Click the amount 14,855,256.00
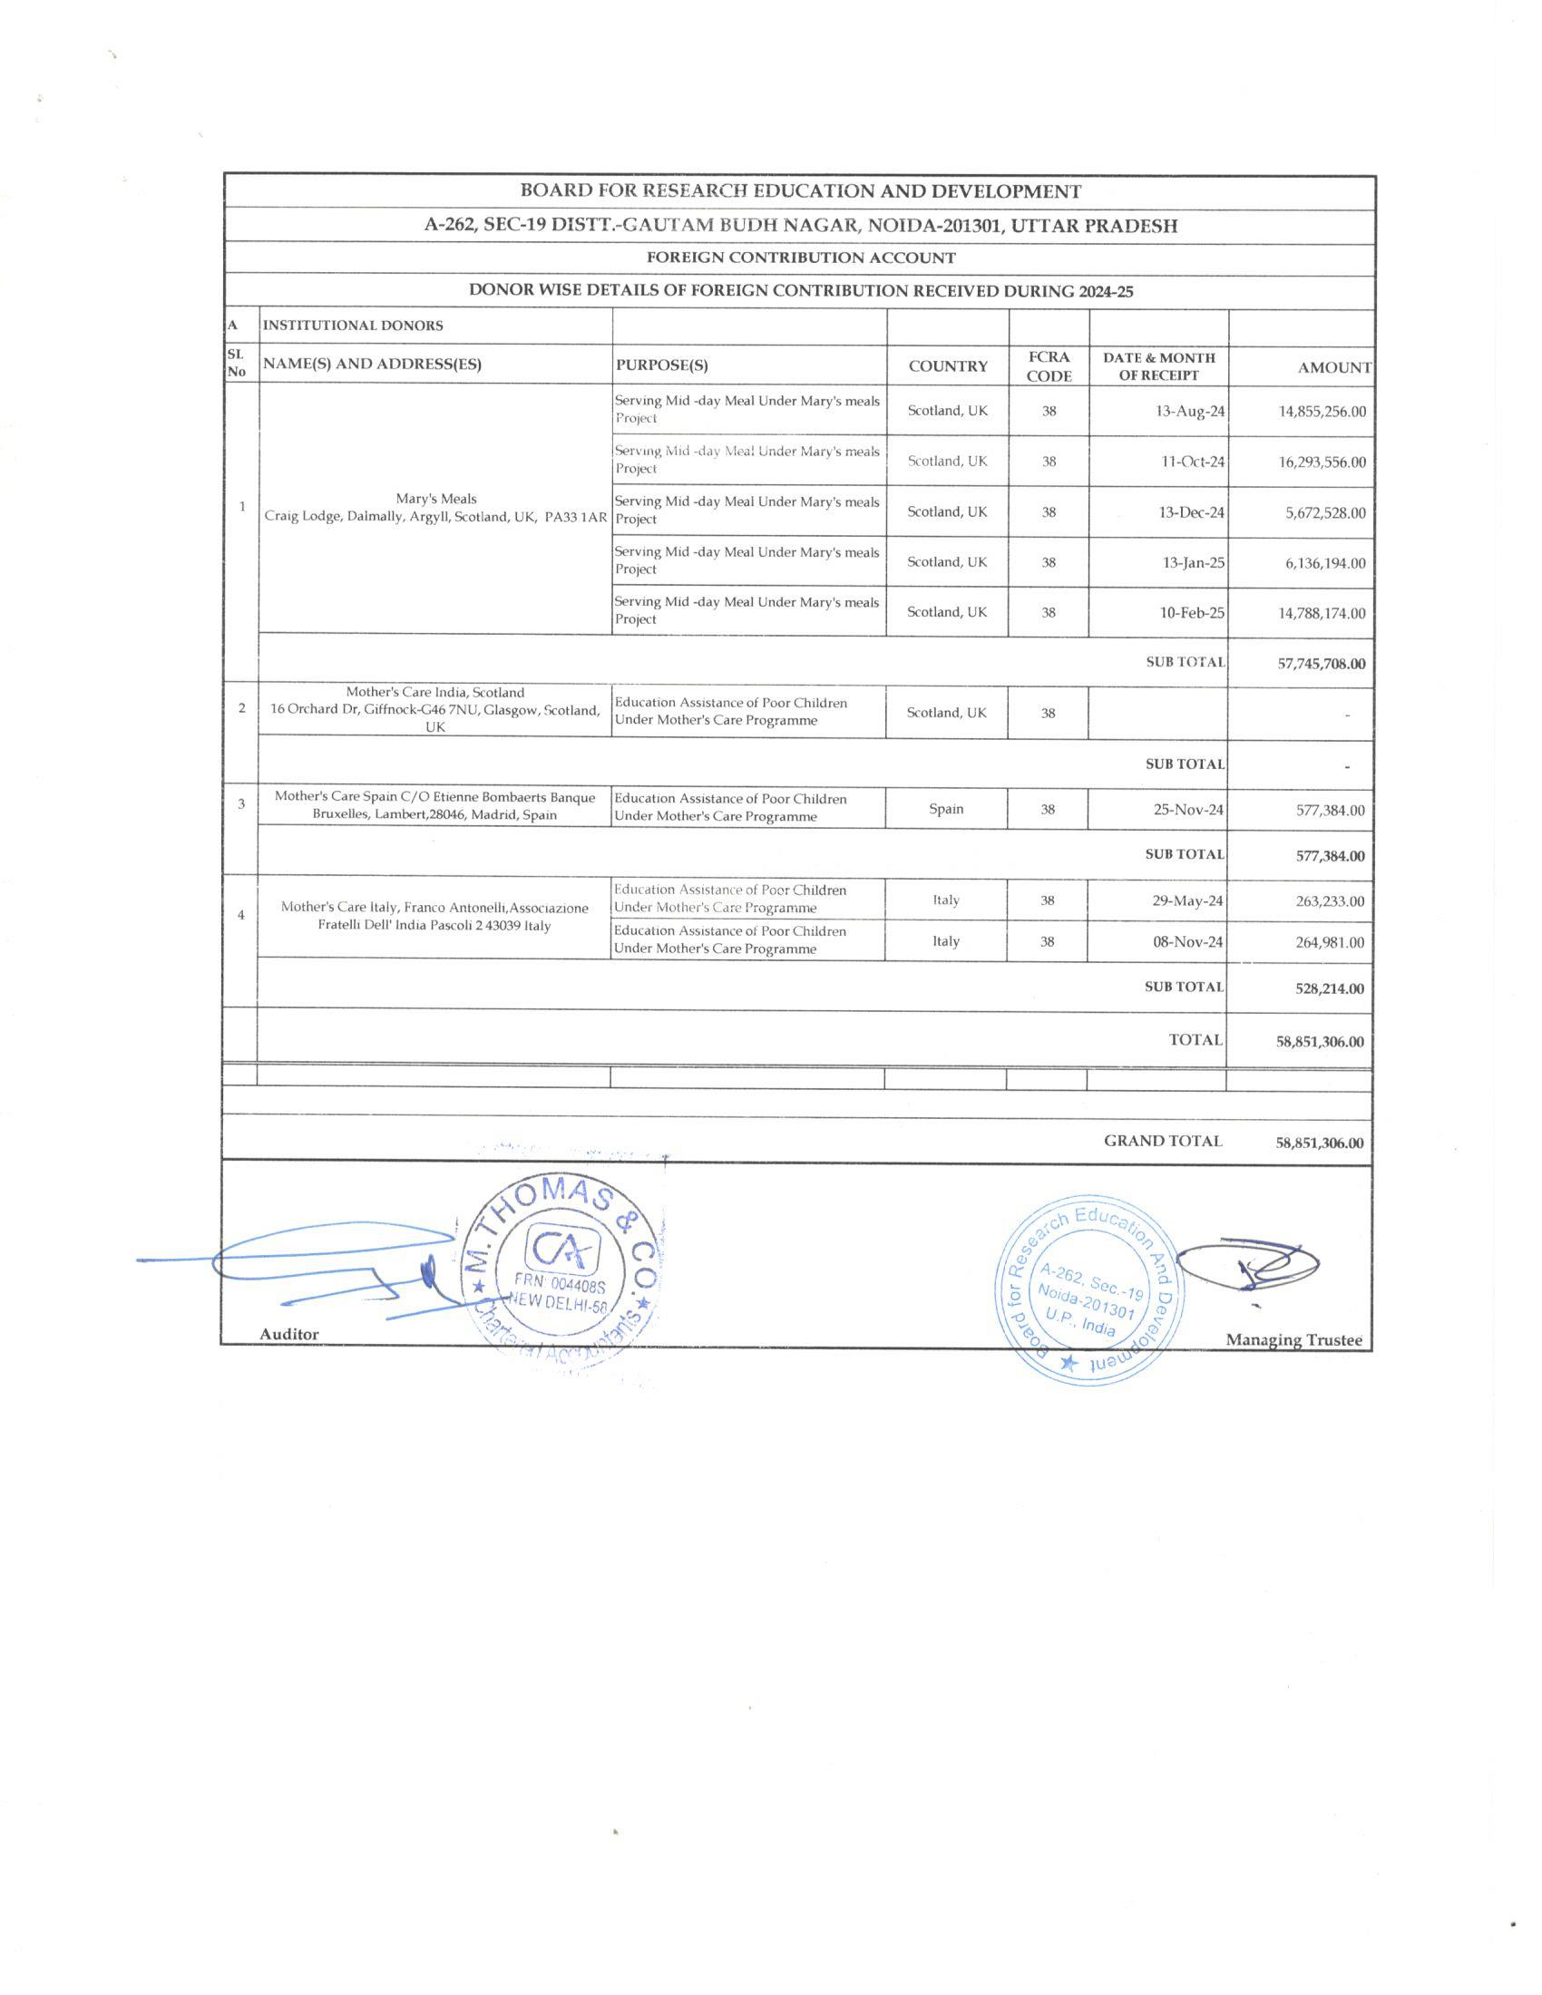pyautogui.click(x=1322, y=411)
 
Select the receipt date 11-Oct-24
pyautogui.click(x=1192, y=462)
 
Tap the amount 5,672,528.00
pyautogui.click(x=1324, y=512)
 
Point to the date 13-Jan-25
pyautogui.click(x=1193, y=563)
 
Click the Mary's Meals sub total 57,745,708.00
pyautogui.click(x=1321, y=664)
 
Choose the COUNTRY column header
pyautogui.click(x=947, y=366)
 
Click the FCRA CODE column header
pyautogui.click(x=1049, y=366)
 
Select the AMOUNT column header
pyautogui.click(x=1333, y=368)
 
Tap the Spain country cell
pyautogui.click(x=946, y=808)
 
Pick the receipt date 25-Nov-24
pyautogui.click(x=1187, y=809)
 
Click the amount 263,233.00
pyautogui.click(x=1330, y=901)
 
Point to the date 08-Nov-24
pyautogui.click(x=1187, y=942)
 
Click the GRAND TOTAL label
pyautogui.click(x=1162, y=1141)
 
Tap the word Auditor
pyautogui.click(x=288, y=1335)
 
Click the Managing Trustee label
pyautogui.click(x=1293, y=1340)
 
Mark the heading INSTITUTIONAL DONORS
pyautogui.click(x=353, y=326)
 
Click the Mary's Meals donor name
pyautogui.click(x=435, y=499)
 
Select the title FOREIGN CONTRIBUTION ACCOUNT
pyautogui.click(x=800, y=258)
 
